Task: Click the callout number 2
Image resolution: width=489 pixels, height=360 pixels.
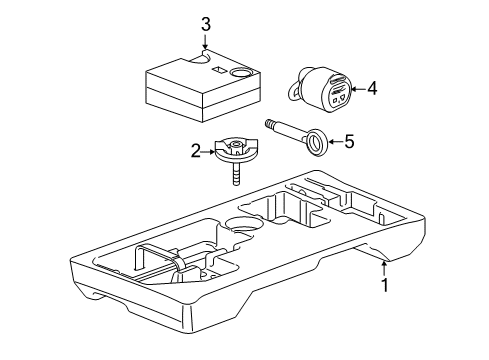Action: click(x=197, y=151)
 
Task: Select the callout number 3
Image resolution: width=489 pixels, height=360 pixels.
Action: click(x=204, y=24)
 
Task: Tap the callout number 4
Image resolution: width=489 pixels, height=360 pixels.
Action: click(x=372, y=89)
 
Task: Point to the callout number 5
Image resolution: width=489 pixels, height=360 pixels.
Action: click(x=348, y=142)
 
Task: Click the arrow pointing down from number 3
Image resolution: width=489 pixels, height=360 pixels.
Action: click(x=204, y=44)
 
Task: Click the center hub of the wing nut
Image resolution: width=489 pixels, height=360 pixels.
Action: click(x=238, y=149)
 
